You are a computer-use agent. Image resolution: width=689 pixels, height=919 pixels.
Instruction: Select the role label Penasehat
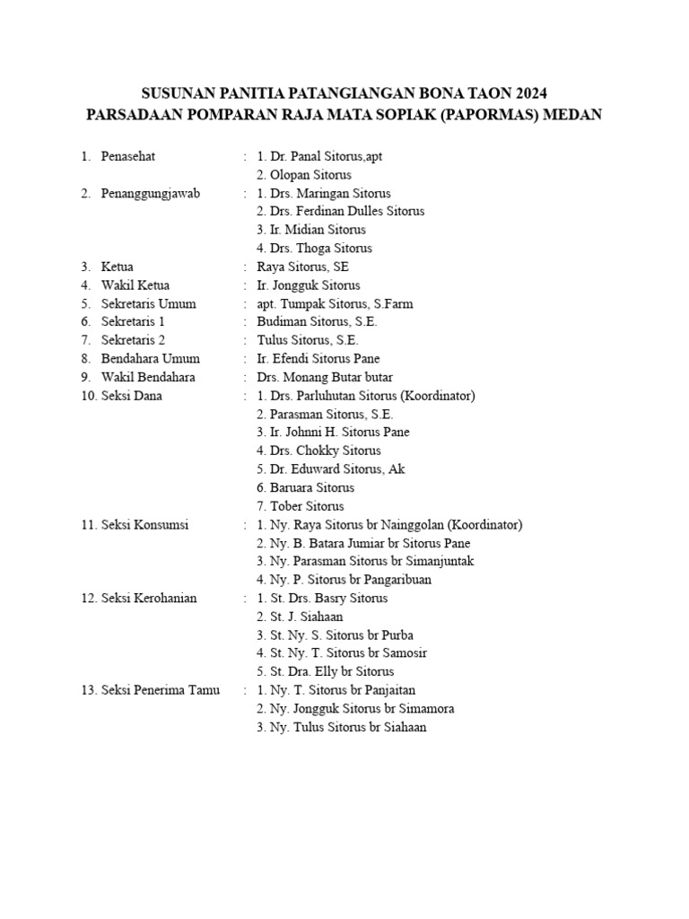(128, 156)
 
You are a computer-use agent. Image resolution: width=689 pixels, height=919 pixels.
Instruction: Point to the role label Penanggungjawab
(151, 193)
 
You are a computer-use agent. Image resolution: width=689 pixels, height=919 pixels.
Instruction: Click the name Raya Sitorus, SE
(302, 267)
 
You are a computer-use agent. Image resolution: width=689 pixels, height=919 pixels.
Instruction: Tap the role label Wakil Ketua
(135, 285)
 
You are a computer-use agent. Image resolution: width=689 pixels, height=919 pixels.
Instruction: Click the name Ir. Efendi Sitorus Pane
(318, 359)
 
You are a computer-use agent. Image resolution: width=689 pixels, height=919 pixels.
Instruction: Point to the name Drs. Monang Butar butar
(325, 377)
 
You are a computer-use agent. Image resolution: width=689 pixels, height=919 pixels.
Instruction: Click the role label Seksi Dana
(131, 396)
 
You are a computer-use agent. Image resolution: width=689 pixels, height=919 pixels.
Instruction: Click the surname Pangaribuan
(392, 580)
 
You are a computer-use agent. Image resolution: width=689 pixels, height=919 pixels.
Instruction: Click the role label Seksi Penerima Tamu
(161, 690)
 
